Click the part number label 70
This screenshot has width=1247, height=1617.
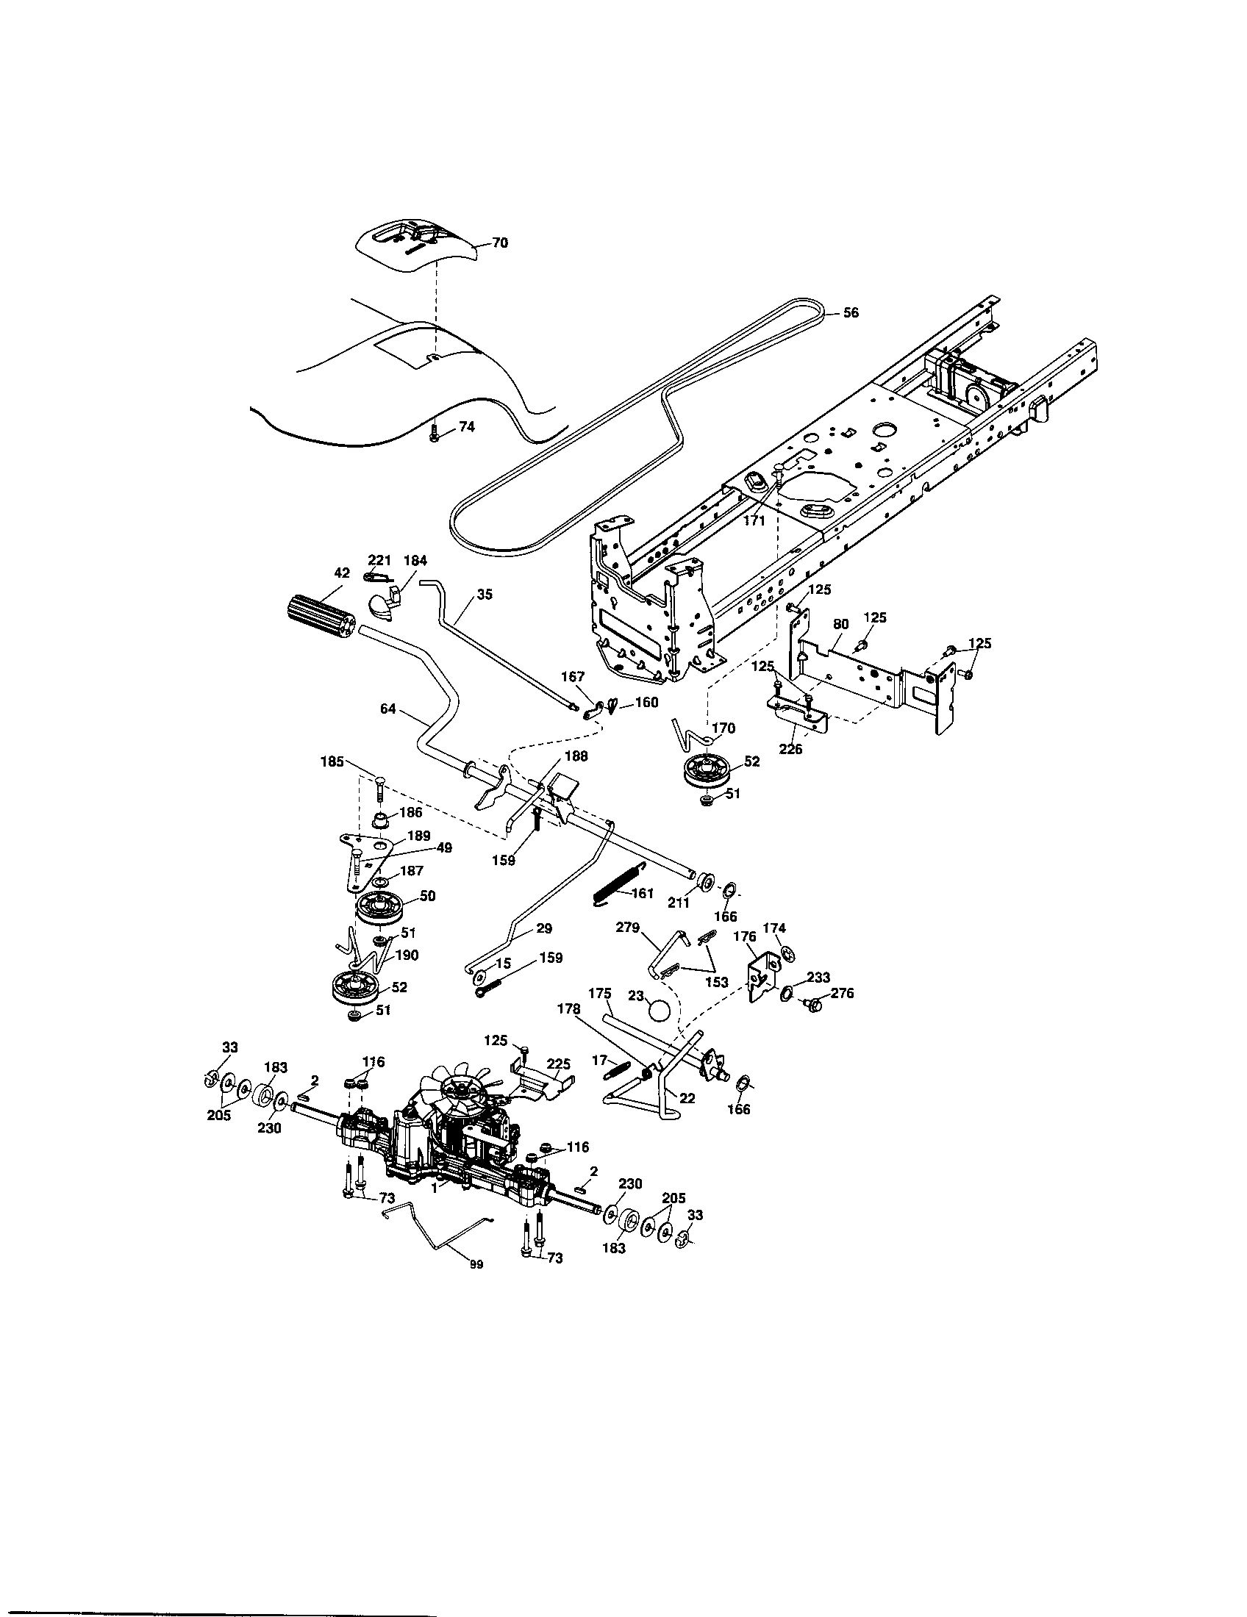coord(501,243)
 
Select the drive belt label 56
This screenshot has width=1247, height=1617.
coord(851,313)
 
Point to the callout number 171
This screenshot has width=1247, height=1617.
coord(753,520)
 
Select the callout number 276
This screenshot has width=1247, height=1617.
coord(842,993)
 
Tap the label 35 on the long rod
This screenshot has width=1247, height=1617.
coord(485,594)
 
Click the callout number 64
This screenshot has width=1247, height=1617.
coord(388,709)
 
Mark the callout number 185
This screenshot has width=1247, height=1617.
coord(332,761)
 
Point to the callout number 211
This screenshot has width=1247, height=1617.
coord(679,903)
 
